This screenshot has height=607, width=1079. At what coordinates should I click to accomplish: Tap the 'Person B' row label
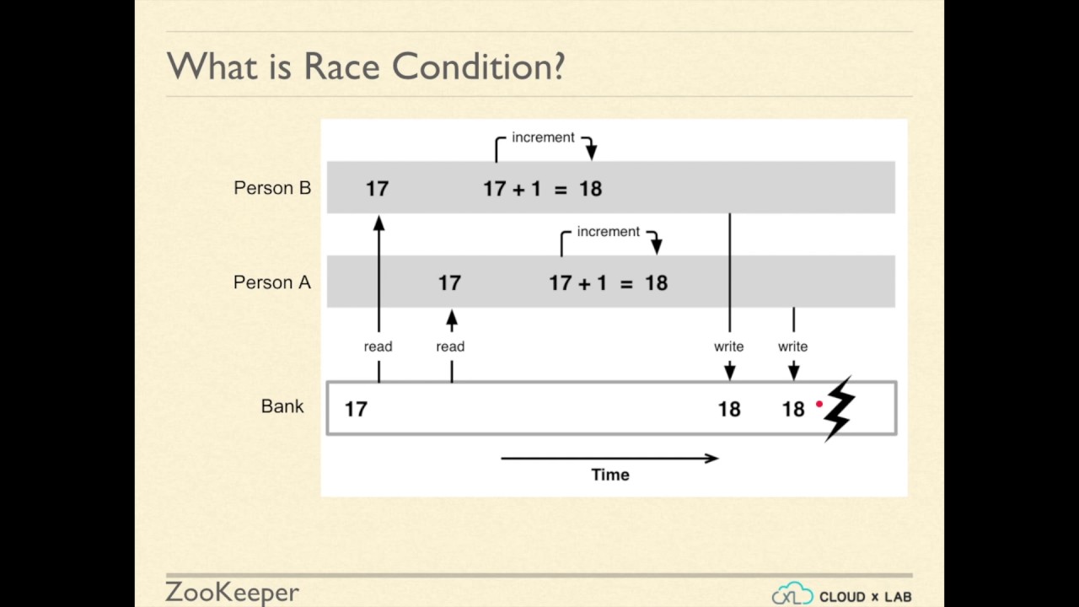coord(272,188)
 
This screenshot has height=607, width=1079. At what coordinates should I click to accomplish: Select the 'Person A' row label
coord(272,282)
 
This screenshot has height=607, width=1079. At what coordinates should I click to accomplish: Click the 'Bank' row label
coord(282,406)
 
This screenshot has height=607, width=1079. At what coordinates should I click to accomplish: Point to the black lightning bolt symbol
coord(840,409)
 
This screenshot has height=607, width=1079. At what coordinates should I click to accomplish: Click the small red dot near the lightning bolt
coord(819,405)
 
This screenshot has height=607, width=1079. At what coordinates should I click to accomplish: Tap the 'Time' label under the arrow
coord(610,475)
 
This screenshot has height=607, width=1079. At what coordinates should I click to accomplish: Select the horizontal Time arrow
coord(609,459)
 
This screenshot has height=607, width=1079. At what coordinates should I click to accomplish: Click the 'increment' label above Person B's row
coord(543,137)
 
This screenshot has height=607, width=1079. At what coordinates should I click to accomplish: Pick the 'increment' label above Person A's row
coord(609,232)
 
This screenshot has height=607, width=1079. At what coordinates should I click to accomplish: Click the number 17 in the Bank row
coord(356,410)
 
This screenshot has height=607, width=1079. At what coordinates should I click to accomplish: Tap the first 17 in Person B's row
coord(377,189)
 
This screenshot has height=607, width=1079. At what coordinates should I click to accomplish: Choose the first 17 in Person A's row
coord(449,283)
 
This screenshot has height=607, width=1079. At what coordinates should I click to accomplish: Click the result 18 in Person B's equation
coord(590,189)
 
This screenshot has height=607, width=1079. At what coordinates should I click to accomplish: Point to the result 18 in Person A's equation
coord(656,283)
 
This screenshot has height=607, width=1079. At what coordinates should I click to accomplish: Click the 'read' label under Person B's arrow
coord(378,346)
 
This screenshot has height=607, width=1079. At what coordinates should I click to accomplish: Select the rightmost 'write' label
coord(792,346)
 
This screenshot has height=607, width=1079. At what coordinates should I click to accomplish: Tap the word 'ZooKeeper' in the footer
coord(232,592)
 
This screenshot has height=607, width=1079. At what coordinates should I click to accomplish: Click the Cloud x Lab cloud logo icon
coord(792,594)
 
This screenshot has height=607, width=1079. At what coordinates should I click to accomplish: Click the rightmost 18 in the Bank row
coord(793,410)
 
